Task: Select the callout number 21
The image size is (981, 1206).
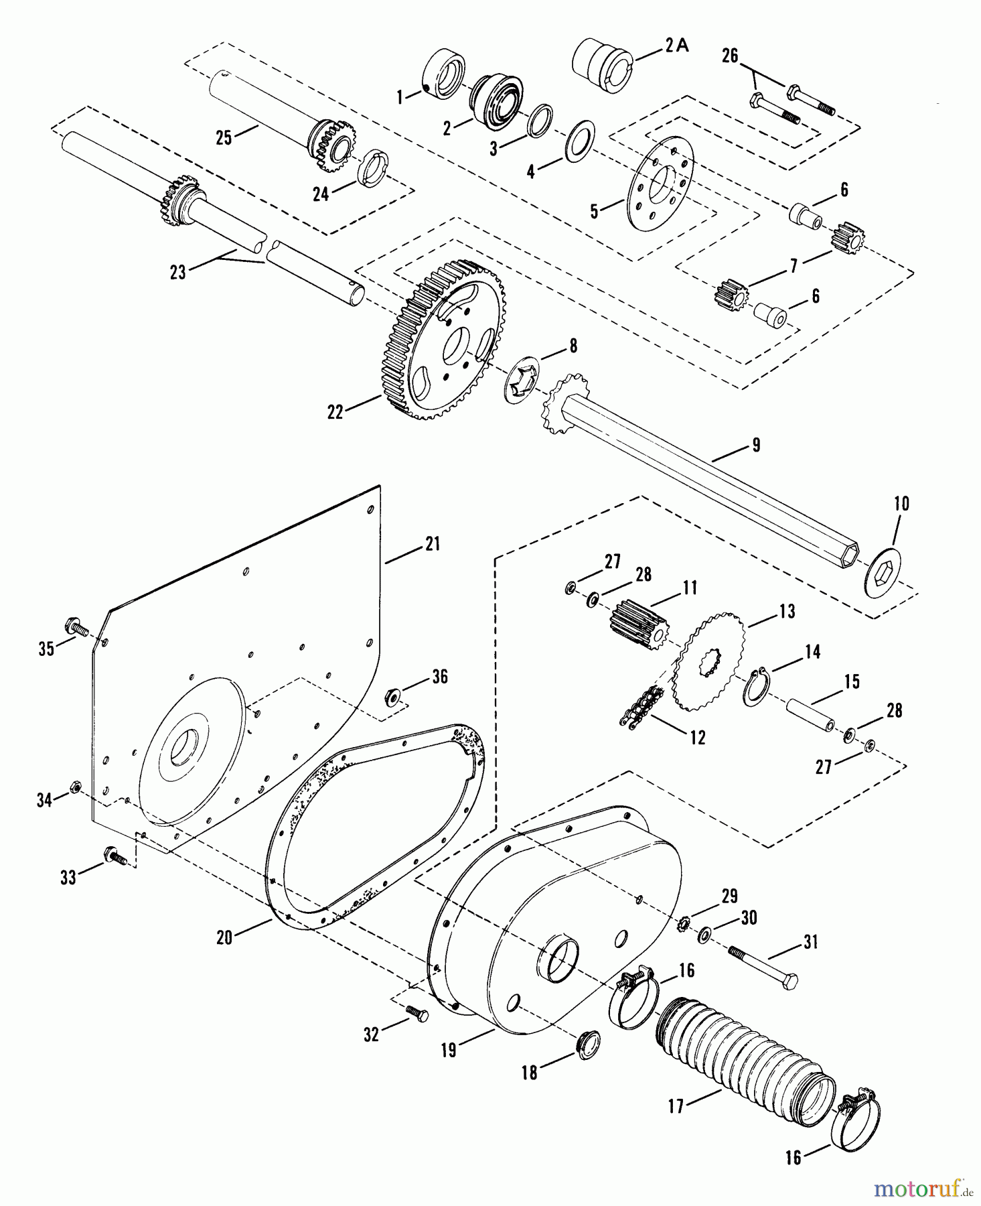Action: point(432,543)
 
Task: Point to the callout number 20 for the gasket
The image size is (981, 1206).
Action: point(224,936)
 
